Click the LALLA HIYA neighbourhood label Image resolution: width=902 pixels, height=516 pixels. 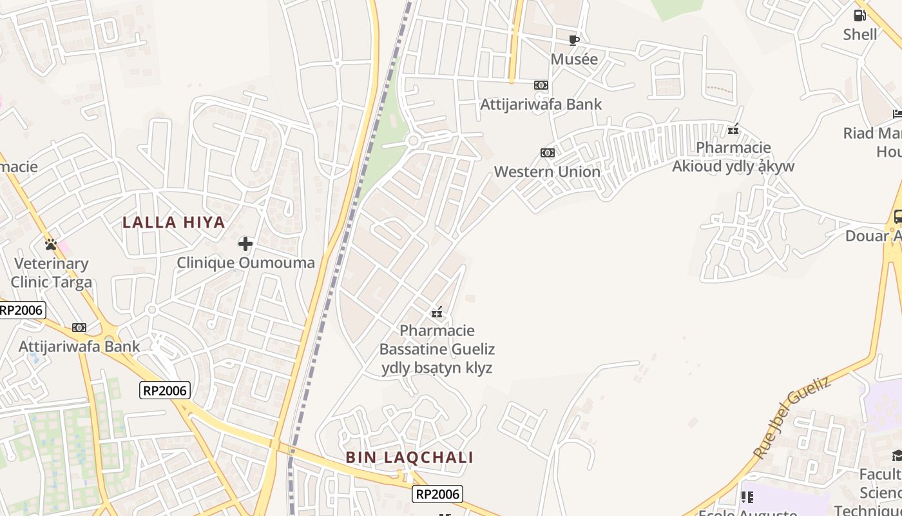(174, 223)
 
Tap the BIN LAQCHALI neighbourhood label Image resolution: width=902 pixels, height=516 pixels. (409, 458)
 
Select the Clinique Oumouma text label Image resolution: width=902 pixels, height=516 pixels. (245, 263)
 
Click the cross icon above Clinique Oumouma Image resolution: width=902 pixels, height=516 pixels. (245, 244)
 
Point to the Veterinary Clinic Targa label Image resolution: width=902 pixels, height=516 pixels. (52, 273)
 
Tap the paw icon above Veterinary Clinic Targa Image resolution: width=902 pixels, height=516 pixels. (51, 244)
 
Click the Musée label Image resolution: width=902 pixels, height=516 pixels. (574, 59)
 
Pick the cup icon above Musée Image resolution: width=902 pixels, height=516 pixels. (574, 41)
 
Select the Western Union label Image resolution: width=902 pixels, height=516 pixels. (547, 172)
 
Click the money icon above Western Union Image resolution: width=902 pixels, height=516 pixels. (548, 153)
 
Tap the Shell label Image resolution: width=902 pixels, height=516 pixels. (860, 34)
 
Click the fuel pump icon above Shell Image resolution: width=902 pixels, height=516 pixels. (860, 15)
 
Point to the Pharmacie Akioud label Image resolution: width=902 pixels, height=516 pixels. (733, 157)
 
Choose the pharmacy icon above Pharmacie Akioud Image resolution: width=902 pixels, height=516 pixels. (733, 130)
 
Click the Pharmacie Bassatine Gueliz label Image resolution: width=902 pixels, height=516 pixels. (437, 349)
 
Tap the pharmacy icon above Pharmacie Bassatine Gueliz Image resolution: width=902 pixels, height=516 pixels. (437, 313)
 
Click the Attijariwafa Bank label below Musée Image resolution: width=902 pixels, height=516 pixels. (541, 104)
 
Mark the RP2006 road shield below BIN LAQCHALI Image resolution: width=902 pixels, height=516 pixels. (437, 495)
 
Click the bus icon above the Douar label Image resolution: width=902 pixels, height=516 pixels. (897, 217)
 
